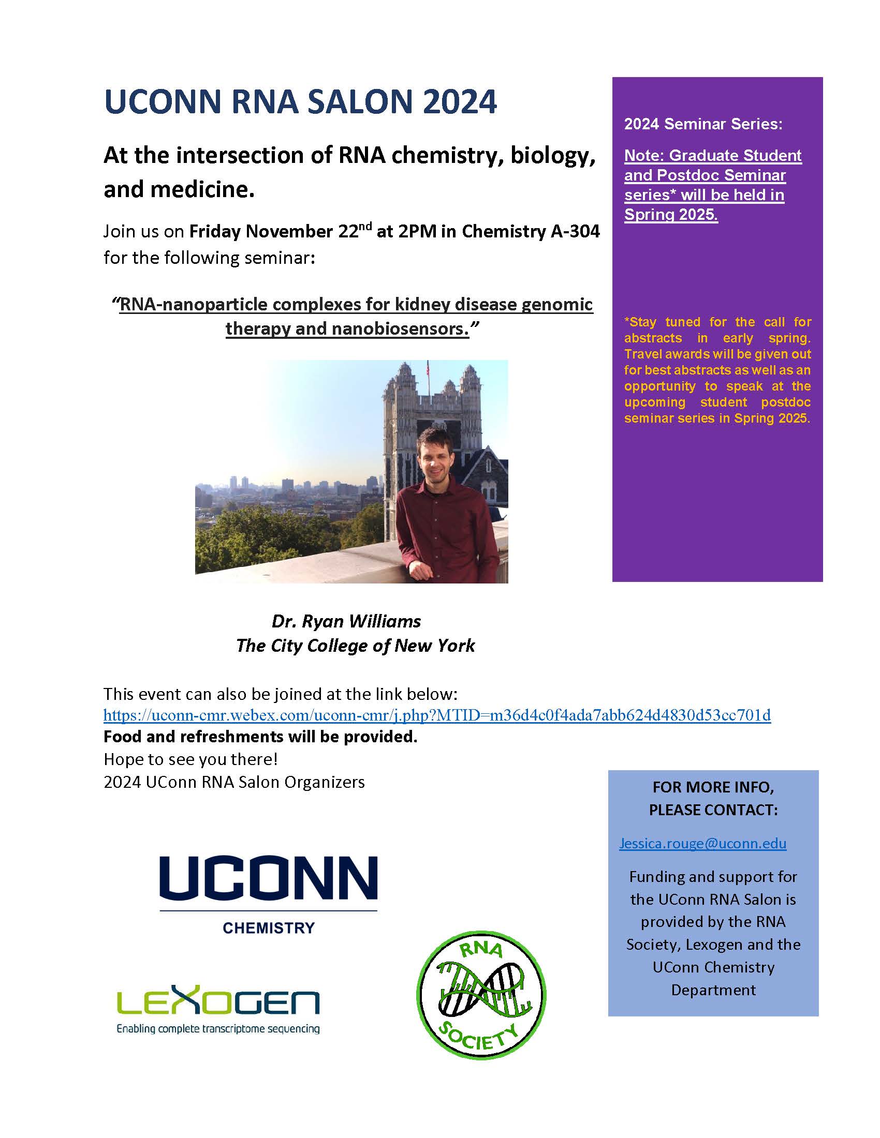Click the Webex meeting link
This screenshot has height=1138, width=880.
coord(437,715)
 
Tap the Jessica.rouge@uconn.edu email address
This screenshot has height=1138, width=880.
coord(702,843)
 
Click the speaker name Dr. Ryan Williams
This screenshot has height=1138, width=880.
coord(346,621)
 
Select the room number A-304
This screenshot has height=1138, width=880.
coord(575,231)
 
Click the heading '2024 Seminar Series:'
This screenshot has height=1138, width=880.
coord(703,124)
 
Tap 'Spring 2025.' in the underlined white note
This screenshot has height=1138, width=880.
coord(671,214)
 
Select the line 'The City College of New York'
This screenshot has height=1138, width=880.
coord(355,646)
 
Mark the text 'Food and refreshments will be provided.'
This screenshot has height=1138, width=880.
coord(261,737)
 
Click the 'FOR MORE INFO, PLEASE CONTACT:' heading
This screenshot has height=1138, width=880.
coord(713,798)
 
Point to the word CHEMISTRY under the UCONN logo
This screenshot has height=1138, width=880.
coord(269,928)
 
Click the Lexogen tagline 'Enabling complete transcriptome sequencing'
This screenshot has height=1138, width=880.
coord(218,1028)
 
